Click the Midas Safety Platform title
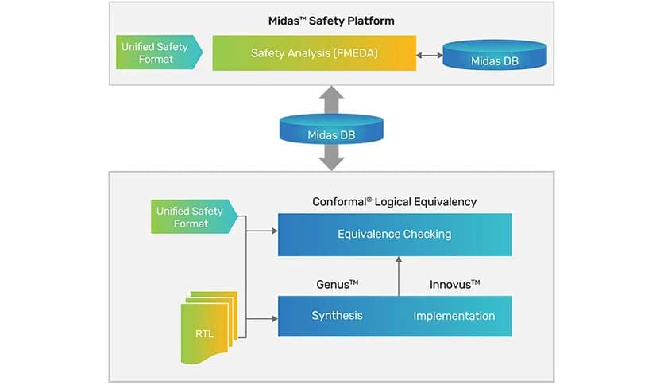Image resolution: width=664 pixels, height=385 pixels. tap(332, 20)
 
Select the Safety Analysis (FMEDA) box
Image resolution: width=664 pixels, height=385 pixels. tap(314, 53)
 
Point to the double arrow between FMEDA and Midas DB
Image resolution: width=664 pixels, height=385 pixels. tap(430, 55)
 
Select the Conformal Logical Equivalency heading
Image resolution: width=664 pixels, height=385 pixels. tap(394, 202)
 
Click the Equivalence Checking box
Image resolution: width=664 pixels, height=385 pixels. tap(394, 234)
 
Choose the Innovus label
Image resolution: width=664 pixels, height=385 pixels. tap(454, 283)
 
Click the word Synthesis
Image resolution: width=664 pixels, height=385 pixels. tap(337, 316)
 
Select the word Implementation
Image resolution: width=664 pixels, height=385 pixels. tap(454, 316)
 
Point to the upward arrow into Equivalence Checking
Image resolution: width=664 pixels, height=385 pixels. tap(399, 275)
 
